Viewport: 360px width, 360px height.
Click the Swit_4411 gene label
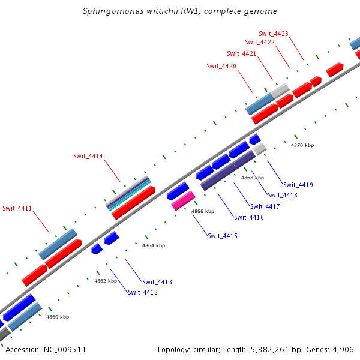pos(17,209)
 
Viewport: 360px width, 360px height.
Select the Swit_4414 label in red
pos(88,157)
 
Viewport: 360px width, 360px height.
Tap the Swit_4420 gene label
pos(221,66)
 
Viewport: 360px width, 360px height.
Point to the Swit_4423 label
pos(274,34)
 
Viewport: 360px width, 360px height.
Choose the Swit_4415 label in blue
pos(223,236)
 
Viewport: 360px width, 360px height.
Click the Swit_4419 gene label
pos(298,185)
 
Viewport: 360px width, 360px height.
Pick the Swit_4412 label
pos(143,292)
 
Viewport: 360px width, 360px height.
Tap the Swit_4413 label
pos(157,282)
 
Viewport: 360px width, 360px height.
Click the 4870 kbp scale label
pos(302,145)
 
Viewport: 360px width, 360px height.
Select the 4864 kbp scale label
pos(154,245)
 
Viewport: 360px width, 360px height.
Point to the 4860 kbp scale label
pos(58,317)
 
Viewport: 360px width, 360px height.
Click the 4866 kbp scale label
pos(203,211)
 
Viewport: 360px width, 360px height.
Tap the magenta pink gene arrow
pos(183,200)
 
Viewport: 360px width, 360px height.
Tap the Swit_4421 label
pos(242,54)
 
